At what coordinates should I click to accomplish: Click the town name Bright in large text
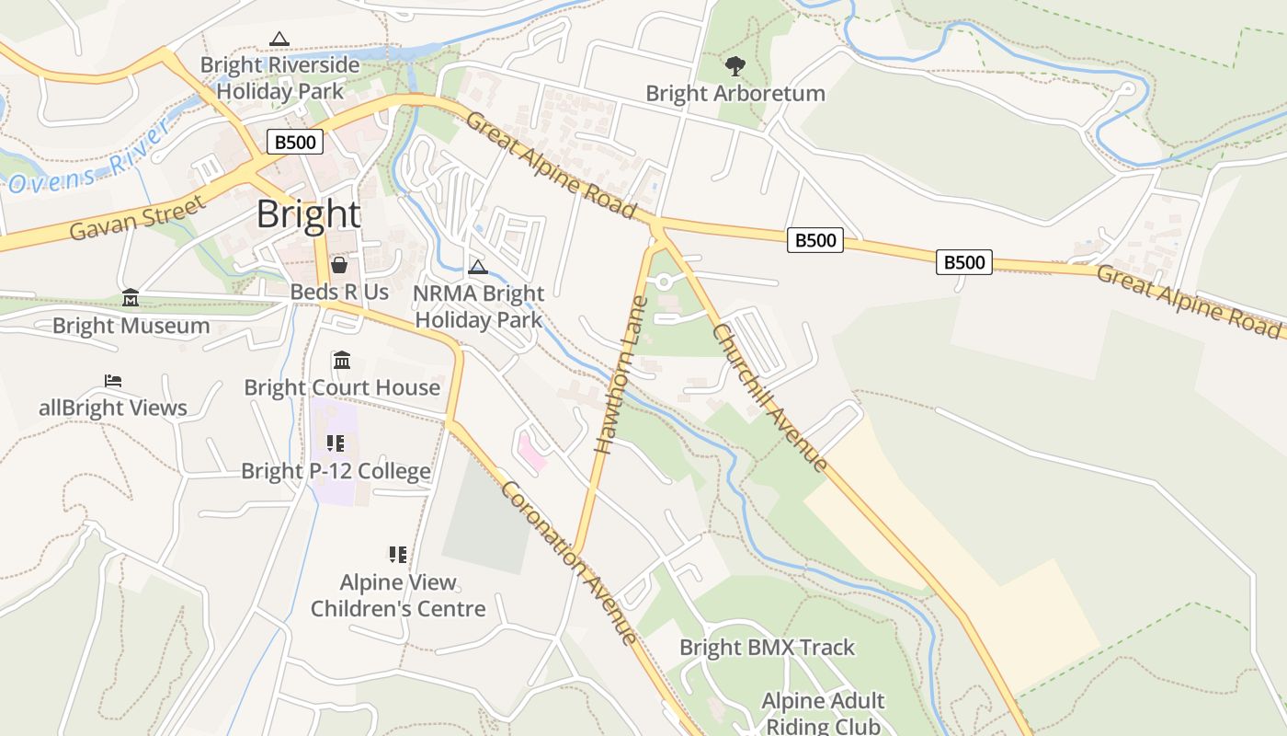pyautogui.click(x=308, y=214)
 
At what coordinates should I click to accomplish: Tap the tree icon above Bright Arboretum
pyautogui.click(x=735, y=65)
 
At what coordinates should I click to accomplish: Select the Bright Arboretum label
pyautogui.click(x=735, y=93)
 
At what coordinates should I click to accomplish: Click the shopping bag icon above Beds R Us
pyautogui.click(x=339, y=265)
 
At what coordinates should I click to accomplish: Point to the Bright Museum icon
pyautogui.click(x=131, y=298)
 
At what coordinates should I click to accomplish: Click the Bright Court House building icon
pyautogui.click(x=342, y=360)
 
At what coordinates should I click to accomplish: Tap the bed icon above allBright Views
pyautogui.click(x=113, y=381)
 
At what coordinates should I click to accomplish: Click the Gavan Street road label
pyautogui.click(x=138, y=218)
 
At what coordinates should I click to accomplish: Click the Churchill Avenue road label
pyautogui.click(x=770, y=397)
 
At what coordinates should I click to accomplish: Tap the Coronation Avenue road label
pyautogui.click(x=568, y=562)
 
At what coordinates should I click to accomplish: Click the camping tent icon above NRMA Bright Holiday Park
pyautogui.click(x=477, y=268)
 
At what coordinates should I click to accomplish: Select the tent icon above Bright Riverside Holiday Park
pyautogui.click(x=279, y=39)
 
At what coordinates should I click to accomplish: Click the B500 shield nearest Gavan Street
pyautogui.click(x=295, y=142)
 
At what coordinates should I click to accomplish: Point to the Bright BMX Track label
pyautogui.click(x=767, y=647)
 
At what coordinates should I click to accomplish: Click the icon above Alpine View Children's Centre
pyautogui.click(x=397, y=554)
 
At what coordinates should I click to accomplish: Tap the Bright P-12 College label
pyautogui.click(x=336, y=471)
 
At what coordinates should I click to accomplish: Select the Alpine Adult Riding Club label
pyautogui.click(x=822, y=713)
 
